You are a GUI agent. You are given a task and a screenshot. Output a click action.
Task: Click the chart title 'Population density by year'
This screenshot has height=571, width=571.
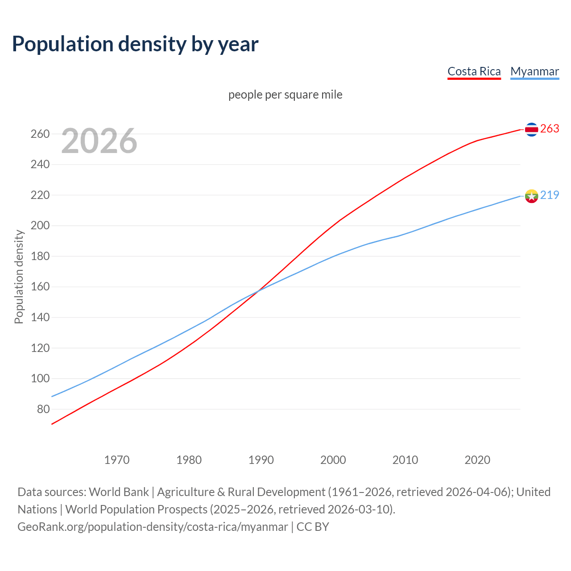tap(135, 44)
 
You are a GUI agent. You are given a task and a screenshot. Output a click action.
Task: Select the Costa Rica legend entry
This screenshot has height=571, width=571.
tap(474, 71)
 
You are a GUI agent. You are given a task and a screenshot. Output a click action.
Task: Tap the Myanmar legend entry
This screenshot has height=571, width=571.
tap(534, 71)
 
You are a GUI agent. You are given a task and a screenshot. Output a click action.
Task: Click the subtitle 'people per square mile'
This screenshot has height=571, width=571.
tap(285, 95)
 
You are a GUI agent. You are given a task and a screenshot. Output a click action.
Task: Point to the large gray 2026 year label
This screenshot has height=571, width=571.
tap(99, 141)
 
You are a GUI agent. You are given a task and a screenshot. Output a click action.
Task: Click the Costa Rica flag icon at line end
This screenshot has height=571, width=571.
tap(531, 129)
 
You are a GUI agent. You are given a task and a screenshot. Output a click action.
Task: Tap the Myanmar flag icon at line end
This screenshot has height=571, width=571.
tap(531, 196)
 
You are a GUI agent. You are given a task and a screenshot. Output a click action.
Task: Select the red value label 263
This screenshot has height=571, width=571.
tap(550, 128)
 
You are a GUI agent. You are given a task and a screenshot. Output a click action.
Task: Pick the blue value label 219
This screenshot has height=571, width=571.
tap(550, 195)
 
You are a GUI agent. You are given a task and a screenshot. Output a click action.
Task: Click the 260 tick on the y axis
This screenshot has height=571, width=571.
tap(40, 134)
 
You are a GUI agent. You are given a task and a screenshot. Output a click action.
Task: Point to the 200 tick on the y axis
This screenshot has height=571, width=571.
tap(40, 226)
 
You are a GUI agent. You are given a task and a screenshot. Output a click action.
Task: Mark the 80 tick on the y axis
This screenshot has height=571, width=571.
tap(43, 409)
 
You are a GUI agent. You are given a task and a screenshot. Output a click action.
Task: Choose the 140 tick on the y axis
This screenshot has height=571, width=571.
tap(40, 318)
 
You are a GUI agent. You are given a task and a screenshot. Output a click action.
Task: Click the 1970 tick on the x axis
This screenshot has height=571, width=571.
tap(117, 460)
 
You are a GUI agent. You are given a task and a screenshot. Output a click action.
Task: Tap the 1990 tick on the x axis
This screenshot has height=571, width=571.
tap(261, 460)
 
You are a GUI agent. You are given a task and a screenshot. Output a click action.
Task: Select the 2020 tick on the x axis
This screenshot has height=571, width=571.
tap(477, 460)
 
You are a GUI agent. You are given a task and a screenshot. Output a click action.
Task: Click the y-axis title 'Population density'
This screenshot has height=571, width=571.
tap(19, 277)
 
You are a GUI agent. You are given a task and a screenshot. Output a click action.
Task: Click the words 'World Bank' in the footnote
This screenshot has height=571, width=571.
tap(119, 492)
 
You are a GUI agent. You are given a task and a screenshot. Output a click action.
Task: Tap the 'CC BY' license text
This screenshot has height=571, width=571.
tap(313, 527)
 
